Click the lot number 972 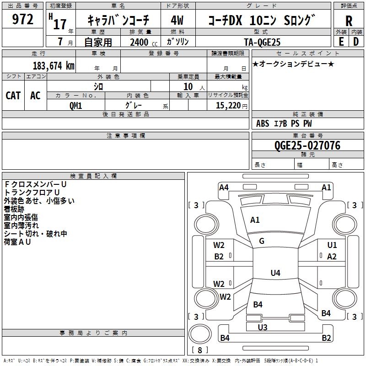pos(23,20)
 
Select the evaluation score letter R pos(349,21)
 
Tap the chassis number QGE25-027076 pos(307,145)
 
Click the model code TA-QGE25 pos(263,42)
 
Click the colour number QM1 pos(75,106)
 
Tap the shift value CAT pos(13,95)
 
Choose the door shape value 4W pos(177,21)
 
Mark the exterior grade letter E pos(341,41)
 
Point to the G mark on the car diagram pos(262,241)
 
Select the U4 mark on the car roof pos(275,273)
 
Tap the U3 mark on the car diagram pos(263,327)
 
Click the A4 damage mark pos(224,187)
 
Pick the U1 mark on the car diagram pos(332,245)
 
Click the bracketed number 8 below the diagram pos(199,351)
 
